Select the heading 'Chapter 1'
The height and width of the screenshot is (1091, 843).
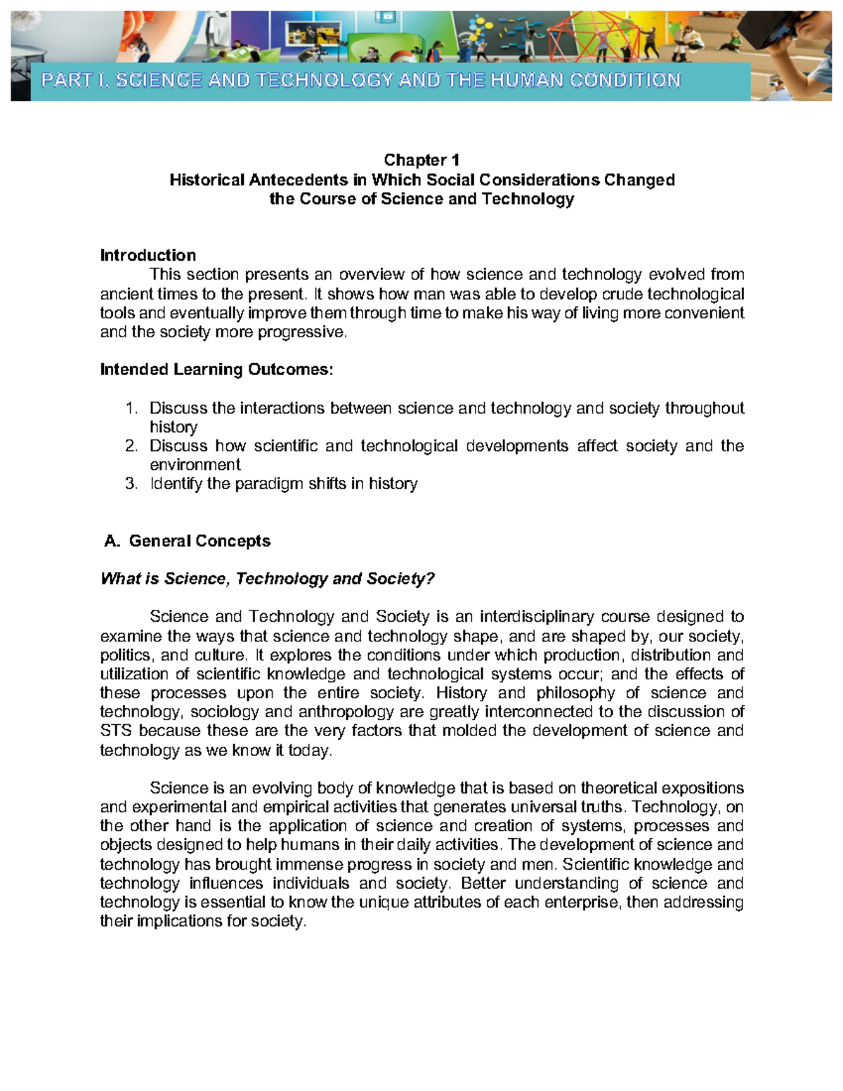click(x=421, y=160)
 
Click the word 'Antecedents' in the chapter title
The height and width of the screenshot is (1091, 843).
click(x=298, y=180)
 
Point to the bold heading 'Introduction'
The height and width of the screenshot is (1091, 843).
click(x=148, y=255)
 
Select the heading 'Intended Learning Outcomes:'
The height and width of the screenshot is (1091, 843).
click(x=216, y=370)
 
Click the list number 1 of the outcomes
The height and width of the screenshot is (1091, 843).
click(x=130, y=408)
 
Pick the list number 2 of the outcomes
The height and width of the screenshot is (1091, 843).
click(x=130, y=446)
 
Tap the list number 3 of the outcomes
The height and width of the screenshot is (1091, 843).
click(x=130, y=484)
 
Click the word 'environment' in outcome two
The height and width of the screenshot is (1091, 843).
click(x=195, y=465)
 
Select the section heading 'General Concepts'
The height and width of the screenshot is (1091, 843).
click(x=200, y=541)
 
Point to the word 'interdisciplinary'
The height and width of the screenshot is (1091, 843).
click(x=539, y=617)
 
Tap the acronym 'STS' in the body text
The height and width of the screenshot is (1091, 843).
click(x=116, y=731)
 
